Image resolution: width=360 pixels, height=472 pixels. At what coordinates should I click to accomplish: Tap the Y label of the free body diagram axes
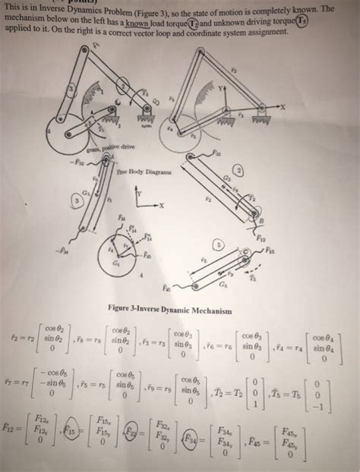137,190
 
